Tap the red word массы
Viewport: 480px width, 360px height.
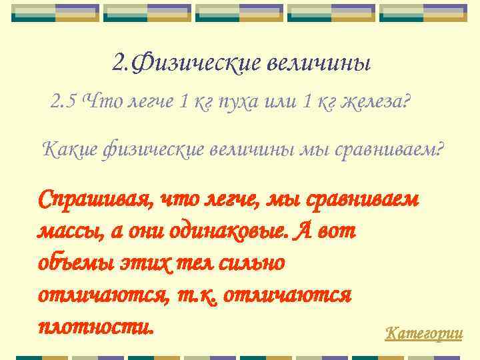[x=64, y=232]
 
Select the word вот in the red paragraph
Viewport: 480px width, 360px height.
[x=337, y=232]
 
